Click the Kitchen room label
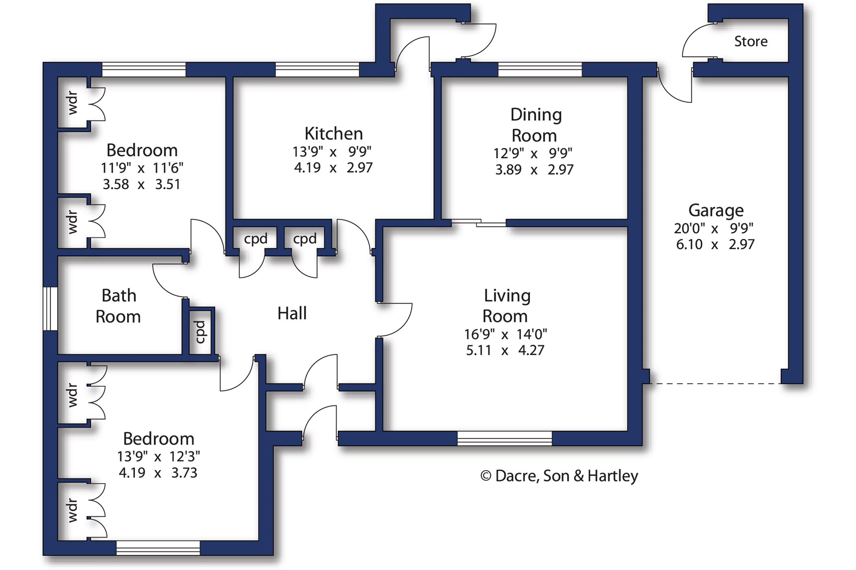tap(333, 133)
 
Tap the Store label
tap(751, 41)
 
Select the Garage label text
tap(716, 210)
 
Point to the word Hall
tap(292, 313)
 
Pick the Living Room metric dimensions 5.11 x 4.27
tap(505, 350)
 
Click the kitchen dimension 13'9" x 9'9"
tap(332, 152)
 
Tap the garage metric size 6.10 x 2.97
tap(715, 244)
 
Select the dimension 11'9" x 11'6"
tap(142, 168)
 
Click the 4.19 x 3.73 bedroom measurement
tap(158, 473)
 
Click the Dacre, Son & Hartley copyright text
tap(559, 476)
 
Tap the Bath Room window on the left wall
tap(50, 309)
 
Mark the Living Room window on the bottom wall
tap(505, 438)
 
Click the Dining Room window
tap(540, 70)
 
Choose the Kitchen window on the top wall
tap(317, 70)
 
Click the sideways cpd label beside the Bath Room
tap(200, 332)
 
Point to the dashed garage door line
tap(715, 383)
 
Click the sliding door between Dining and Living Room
tap(479, 223)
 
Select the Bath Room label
tap(118, 306)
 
